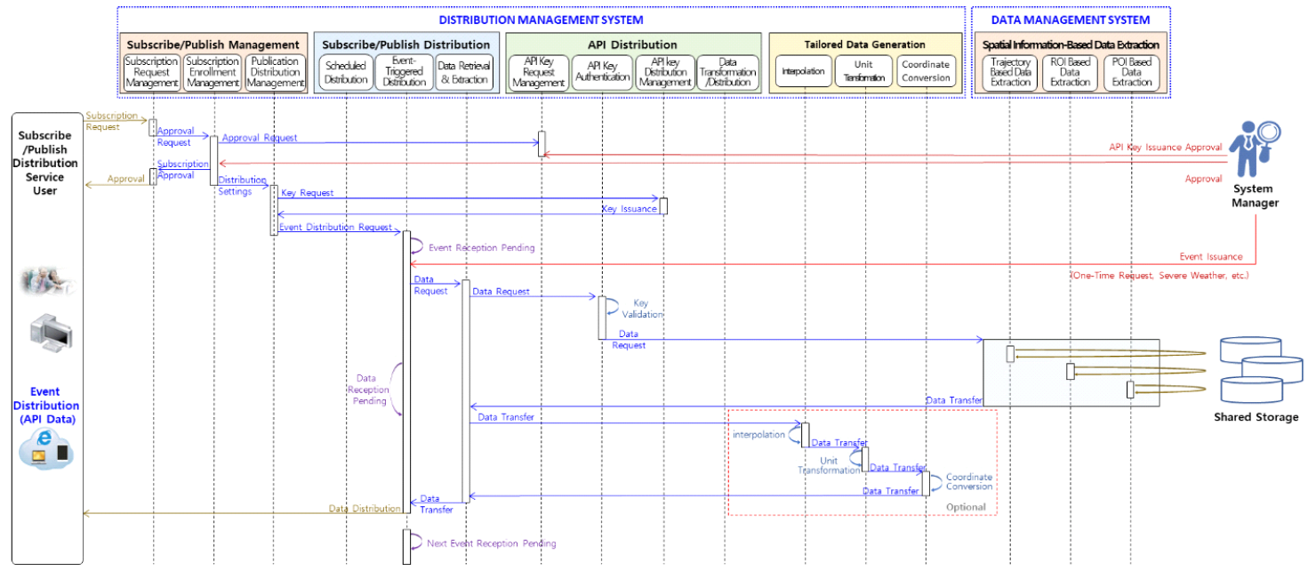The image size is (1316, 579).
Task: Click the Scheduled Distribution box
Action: coord(346,72)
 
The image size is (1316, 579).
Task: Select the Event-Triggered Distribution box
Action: coord(405,72)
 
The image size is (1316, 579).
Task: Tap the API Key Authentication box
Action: coord(603,72)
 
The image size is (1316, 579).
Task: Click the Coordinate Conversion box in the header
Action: coord(926,71)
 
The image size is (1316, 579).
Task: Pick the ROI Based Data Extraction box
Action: coord(1071,72)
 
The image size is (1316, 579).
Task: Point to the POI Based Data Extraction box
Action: coord(1132,72)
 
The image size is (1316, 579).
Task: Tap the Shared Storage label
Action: coord(1256,417)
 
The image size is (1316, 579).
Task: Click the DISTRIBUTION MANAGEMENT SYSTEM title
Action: coord(541,20)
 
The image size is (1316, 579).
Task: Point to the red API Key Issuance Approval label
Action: coord(1165,148)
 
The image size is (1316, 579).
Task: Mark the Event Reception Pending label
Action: coord(482,248)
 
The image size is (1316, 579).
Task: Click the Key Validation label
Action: coord(647,309)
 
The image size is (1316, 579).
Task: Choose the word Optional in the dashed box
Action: coord(966,507)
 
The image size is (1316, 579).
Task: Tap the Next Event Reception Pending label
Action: coord(491,543)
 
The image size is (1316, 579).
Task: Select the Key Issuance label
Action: coord(629,209)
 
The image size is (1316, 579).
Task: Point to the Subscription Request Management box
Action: coord(151,72)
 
